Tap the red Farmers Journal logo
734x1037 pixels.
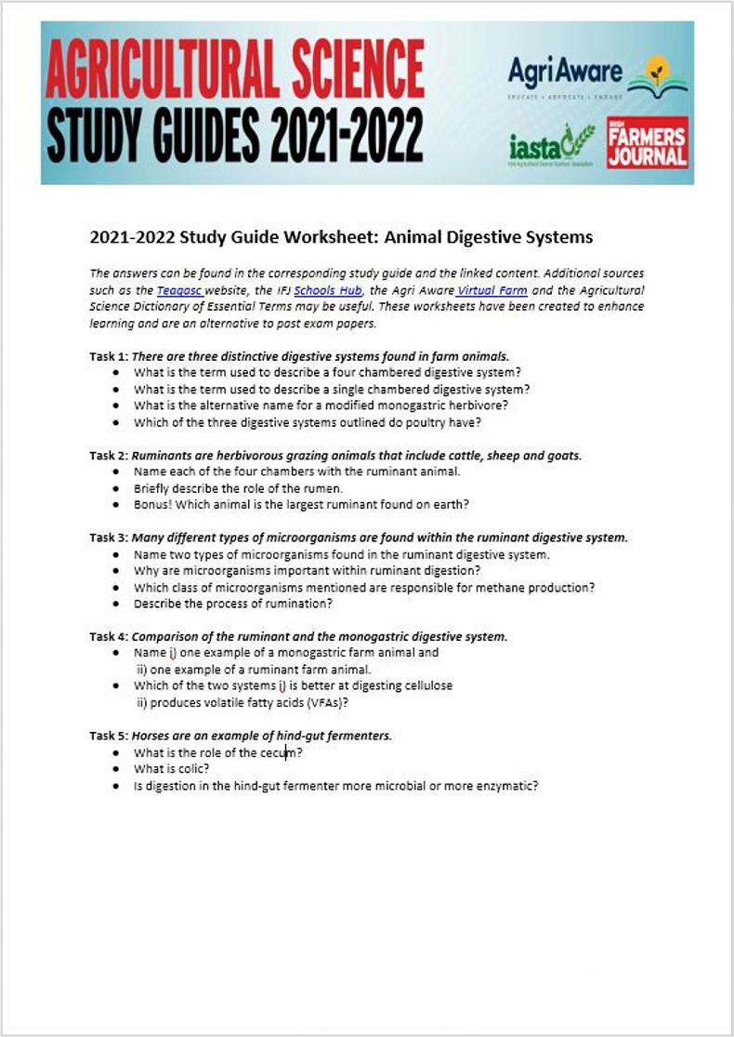[648, 142]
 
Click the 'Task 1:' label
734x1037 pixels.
[109, 356]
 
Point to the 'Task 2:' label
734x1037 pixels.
[109, 456]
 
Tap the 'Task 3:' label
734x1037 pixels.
[109, 538]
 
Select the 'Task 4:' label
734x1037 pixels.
[109, 637]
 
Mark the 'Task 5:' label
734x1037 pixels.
[109, 736]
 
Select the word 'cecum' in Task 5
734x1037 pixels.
[279, 752]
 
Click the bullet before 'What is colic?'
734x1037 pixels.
[115, 769]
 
